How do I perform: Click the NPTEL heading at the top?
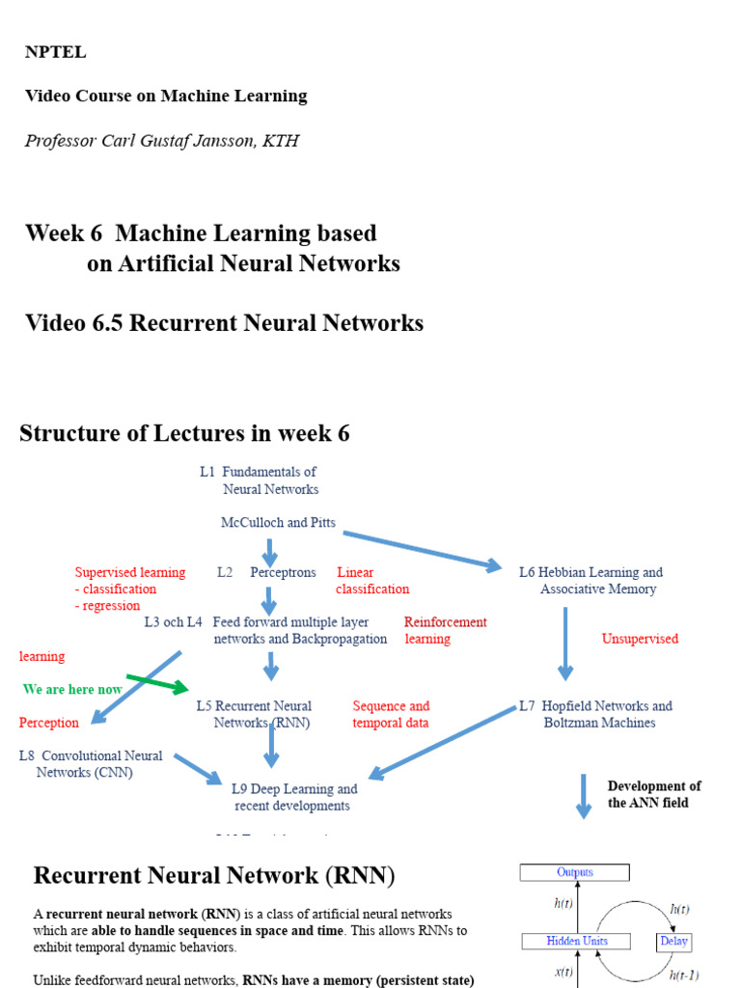[x=55, y=52]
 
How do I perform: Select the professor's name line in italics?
[x=161, y=141]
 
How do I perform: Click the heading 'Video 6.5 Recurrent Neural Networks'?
[x=224, y=323]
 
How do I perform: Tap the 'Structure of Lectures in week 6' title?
[x=184, y=433]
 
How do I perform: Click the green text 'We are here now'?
[x=72, y=689]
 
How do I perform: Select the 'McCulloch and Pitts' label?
[x=278, y=522]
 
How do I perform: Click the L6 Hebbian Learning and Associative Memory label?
[x=591, y=580]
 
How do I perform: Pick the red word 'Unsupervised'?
[x=640, y=639]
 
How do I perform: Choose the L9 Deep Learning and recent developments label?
[x=293, y=797]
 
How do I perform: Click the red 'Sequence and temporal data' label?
[x=391, y=714]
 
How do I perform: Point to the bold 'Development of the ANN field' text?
[x=653, y=794]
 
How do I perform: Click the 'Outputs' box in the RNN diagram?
[x=575, y=872]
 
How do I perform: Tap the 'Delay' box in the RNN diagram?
[x=674, y=941]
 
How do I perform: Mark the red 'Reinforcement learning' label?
[x=445, y=630]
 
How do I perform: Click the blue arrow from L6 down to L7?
[x=565, y=644]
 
